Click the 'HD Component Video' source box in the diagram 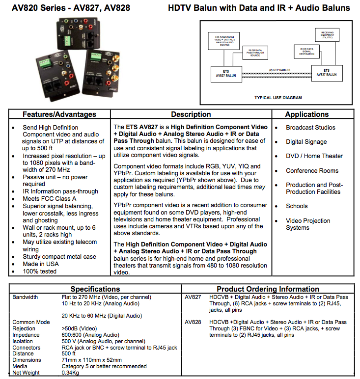click(x=224, y=42)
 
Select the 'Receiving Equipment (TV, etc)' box click(x=326, y=35)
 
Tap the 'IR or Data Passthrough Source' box click(x=255, y=52)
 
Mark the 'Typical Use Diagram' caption click(x=278, y=98)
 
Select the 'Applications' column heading click(x=306, y=114)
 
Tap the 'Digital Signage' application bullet click(x=306, y=142)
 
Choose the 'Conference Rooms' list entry click(x=312, y=171)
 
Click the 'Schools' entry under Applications click(x=297, y=206)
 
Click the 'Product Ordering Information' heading click(x=268, y=289)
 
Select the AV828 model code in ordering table click(x=193, y=322)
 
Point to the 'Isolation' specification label click(x=23, y=341)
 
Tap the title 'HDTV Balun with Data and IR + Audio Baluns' click(x=259, y=8)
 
